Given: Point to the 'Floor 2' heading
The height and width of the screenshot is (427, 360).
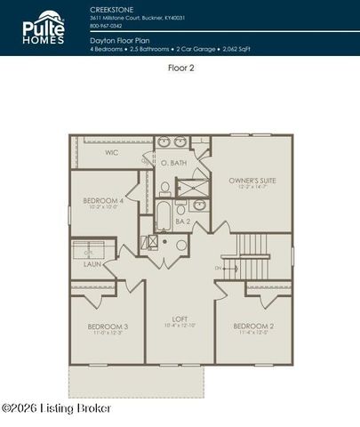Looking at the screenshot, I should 180,67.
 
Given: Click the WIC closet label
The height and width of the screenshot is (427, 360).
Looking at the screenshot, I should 111,152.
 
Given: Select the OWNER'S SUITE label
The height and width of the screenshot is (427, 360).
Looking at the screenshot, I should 252,180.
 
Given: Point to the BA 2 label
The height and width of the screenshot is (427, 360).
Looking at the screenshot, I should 183,221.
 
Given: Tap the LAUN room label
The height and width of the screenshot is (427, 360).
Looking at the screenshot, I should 92,263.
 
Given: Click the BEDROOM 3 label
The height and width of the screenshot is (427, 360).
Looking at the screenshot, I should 108,326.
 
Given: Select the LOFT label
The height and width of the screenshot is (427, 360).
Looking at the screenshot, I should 180,318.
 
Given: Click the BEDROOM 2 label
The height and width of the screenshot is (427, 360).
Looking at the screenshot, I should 252,326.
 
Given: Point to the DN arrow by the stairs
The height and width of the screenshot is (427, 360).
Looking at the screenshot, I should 219,267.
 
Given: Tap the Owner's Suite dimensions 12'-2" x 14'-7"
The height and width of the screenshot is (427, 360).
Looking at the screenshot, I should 252,188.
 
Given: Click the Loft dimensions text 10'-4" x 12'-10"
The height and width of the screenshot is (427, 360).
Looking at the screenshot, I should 180,326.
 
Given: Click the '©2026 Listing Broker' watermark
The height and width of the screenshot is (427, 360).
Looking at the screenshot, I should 57,407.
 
